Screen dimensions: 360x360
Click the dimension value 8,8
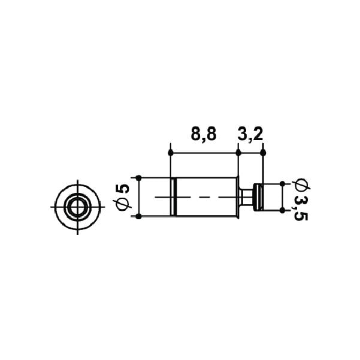pyautogui.click(x=204, y=135)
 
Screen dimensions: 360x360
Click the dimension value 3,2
pyautogui.click(x=250, y=135)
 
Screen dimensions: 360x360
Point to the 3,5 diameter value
pyautogui.click(x=301, y=208)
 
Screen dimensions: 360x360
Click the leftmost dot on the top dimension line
pyautogui.click(x=171, y=153)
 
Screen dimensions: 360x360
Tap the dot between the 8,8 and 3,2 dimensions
pyautogui.click(x=238, y=153)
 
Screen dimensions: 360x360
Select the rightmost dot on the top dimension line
pyautogui.click(x=264, y=153)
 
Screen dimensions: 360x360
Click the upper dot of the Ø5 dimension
pyautogui.click(x=138, y=178)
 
